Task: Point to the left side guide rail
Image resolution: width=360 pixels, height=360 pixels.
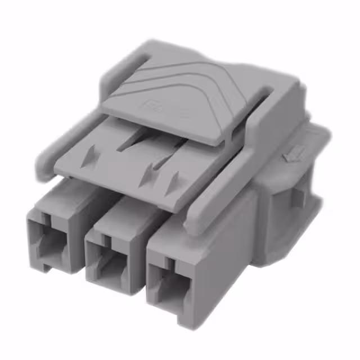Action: pos(67,138)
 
